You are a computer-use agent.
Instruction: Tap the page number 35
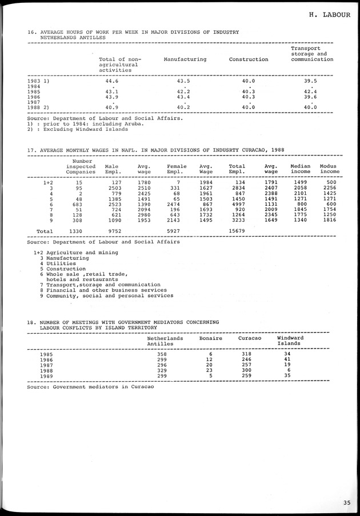tap(347, 503)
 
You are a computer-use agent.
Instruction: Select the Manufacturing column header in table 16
tap(185, 59)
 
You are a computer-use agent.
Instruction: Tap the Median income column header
tap(301, 169)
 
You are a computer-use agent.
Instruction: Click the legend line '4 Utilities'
tap(58, 263)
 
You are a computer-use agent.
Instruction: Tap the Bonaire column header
tap(211, 338)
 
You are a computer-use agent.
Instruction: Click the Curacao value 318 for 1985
tap(247, 354)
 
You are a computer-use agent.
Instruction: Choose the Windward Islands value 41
tap(287, 359)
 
